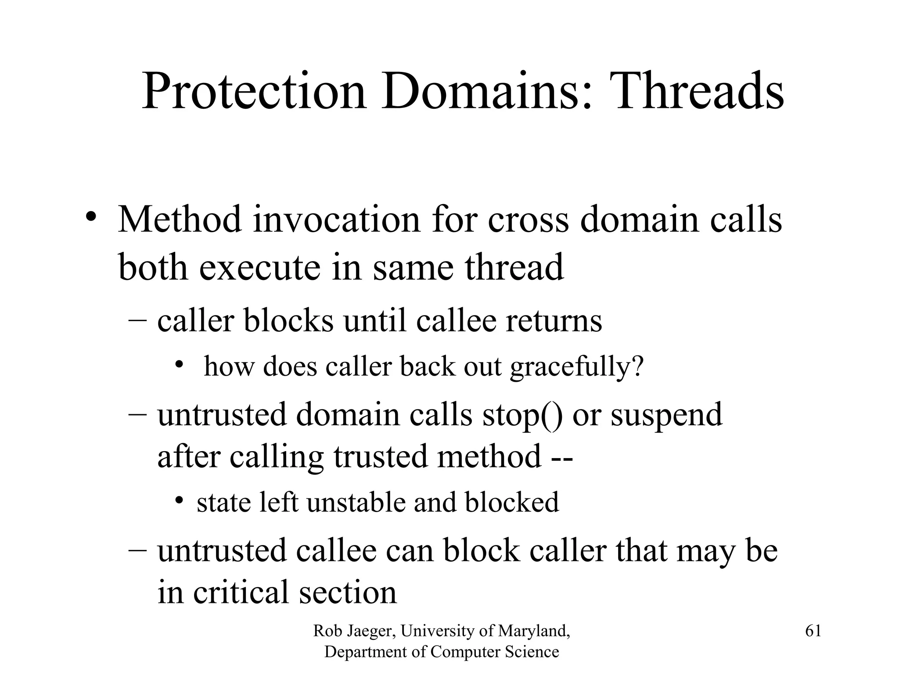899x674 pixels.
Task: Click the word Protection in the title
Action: point(254,92)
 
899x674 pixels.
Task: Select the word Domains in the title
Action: point(486,92)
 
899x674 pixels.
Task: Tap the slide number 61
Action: point(813,631)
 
